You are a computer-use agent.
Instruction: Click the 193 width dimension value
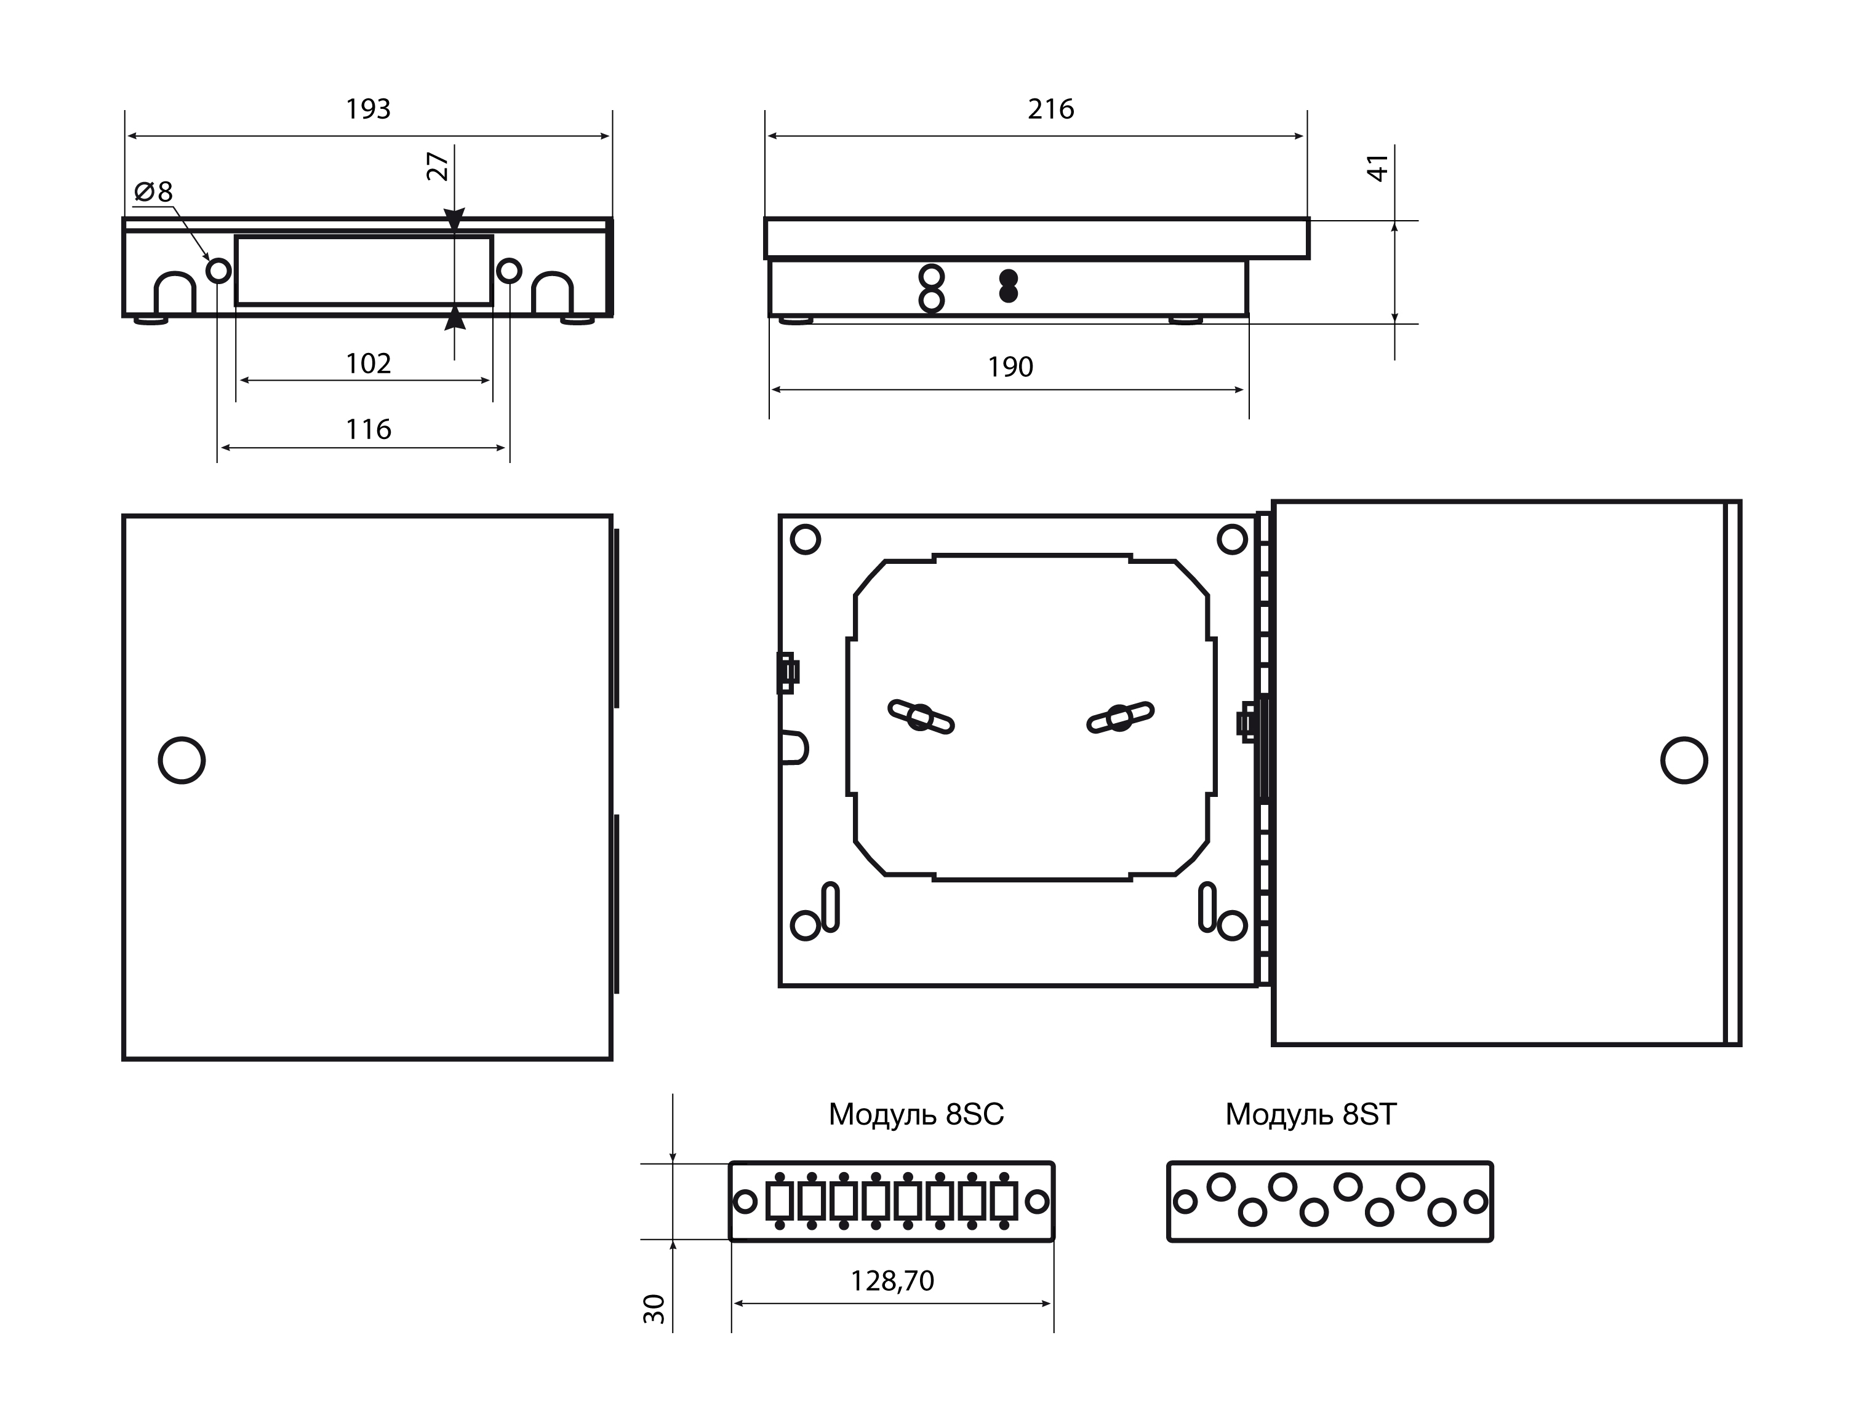[368, 109]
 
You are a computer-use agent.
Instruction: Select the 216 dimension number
[1050, 109]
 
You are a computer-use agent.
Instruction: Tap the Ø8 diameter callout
[154, 192]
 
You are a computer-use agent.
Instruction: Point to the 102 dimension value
[368, 364]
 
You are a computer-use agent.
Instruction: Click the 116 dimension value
[368, 429]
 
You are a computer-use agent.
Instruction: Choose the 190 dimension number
[1010, 368]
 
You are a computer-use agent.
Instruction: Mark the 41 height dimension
[1377, 167]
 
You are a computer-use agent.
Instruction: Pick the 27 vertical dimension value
[438, 167]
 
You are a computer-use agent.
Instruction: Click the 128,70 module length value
[892, 1281]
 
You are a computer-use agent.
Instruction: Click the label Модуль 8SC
[916, 1114]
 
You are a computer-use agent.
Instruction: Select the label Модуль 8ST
[1310, 1114]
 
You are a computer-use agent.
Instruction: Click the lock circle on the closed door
[182, 759]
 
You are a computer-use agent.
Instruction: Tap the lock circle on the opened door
[1684, 759]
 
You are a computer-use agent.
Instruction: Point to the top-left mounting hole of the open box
[805, 539]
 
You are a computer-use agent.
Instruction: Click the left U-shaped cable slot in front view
[175, 293]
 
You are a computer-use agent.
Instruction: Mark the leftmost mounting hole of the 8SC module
[745, 1201]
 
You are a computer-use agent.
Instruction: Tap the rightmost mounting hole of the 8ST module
[1476, 1201]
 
